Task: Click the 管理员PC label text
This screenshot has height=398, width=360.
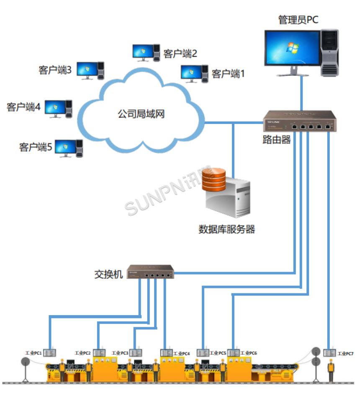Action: coord(298,20)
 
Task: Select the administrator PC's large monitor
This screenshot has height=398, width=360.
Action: coord(292,49)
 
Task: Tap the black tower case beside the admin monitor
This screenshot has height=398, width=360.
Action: coord(329,52)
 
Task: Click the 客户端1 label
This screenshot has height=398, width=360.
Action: coord(228,74)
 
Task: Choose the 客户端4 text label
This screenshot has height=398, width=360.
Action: coord(23,107)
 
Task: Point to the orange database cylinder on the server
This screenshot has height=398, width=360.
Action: coord(214,180)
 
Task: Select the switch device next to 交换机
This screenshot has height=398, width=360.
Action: coord(150,272)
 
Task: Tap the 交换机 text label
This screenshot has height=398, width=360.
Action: coord(109,275)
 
